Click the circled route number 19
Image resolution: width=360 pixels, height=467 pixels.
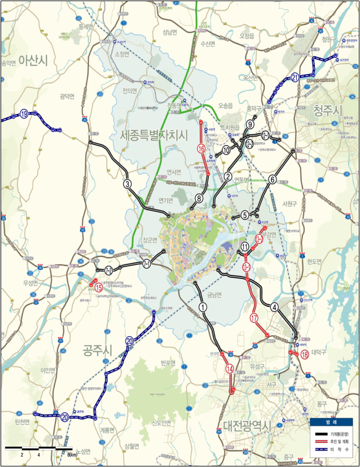point(24,114)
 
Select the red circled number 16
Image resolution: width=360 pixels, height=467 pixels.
point(201,149)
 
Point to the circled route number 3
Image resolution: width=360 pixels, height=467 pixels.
point(128,184)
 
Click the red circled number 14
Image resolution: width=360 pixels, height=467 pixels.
point(229,369)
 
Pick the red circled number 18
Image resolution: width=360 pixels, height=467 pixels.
point(305,355)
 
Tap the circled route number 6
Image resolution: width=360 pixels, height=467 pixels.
point(272,180)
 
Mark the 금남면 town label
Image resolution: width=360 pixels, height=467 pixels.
point(214,294)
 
